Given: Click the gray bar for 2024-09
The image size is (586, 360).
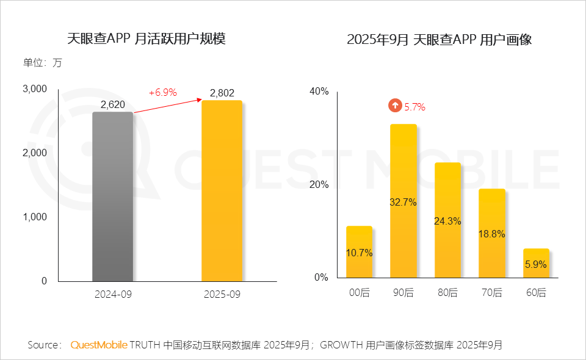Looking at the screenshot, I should tap(113, 196).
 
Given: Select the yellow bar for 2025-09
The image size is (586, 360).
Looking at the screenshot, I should tap(222, 190).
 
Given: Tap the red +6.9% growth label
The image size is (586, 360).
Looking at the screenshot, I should tap(162, 93).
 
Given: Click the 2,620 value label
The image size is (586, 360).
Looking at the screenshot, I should tap(113, 105).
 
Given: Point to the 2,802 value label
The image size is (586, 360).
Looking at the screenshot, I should tap(222, 93).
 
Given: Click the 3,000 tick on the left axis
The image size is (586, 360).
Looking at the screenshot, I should tap(35, 89).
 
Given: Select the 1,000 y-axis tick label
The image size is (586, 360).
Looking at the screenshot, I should tap(35, 217).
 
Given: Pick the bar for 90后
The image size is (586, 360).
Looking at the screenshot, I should tap(403, 201).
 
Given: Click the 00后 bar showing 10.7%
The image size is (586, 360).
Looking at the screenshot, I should tap(359, 253).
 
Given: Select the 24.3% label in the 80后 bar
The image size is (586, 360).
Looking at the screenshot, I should tap(447, 221).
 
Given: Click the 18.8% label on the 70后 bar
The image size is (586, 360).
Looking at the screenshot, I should tap(491, 234).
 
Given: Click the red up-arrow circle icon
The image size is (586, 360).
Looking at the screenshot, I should tap(395, 106).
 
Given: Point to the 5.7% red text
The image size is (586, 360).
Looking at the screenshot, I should tap(415, 107).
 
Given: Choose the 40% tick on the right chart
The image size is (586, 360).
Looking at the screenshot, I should tap(320, 92).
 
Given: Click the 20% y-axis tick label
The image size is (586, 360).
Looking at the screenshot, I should tap(320, 185).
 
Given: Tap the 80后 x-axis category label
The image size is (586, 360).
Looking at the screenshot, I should tap(447, 293).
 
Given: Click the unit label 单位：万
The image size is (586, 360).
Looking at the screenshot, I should tap(42, 63).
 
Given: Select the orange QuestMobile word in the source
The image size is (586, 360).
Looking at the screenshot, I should tap(99, 345).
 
